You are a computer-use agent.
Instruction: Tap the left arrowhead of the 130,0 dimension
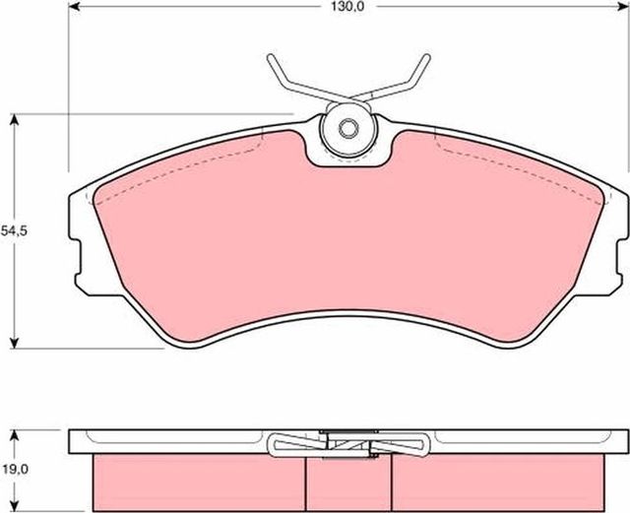[x=74, y=7]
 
